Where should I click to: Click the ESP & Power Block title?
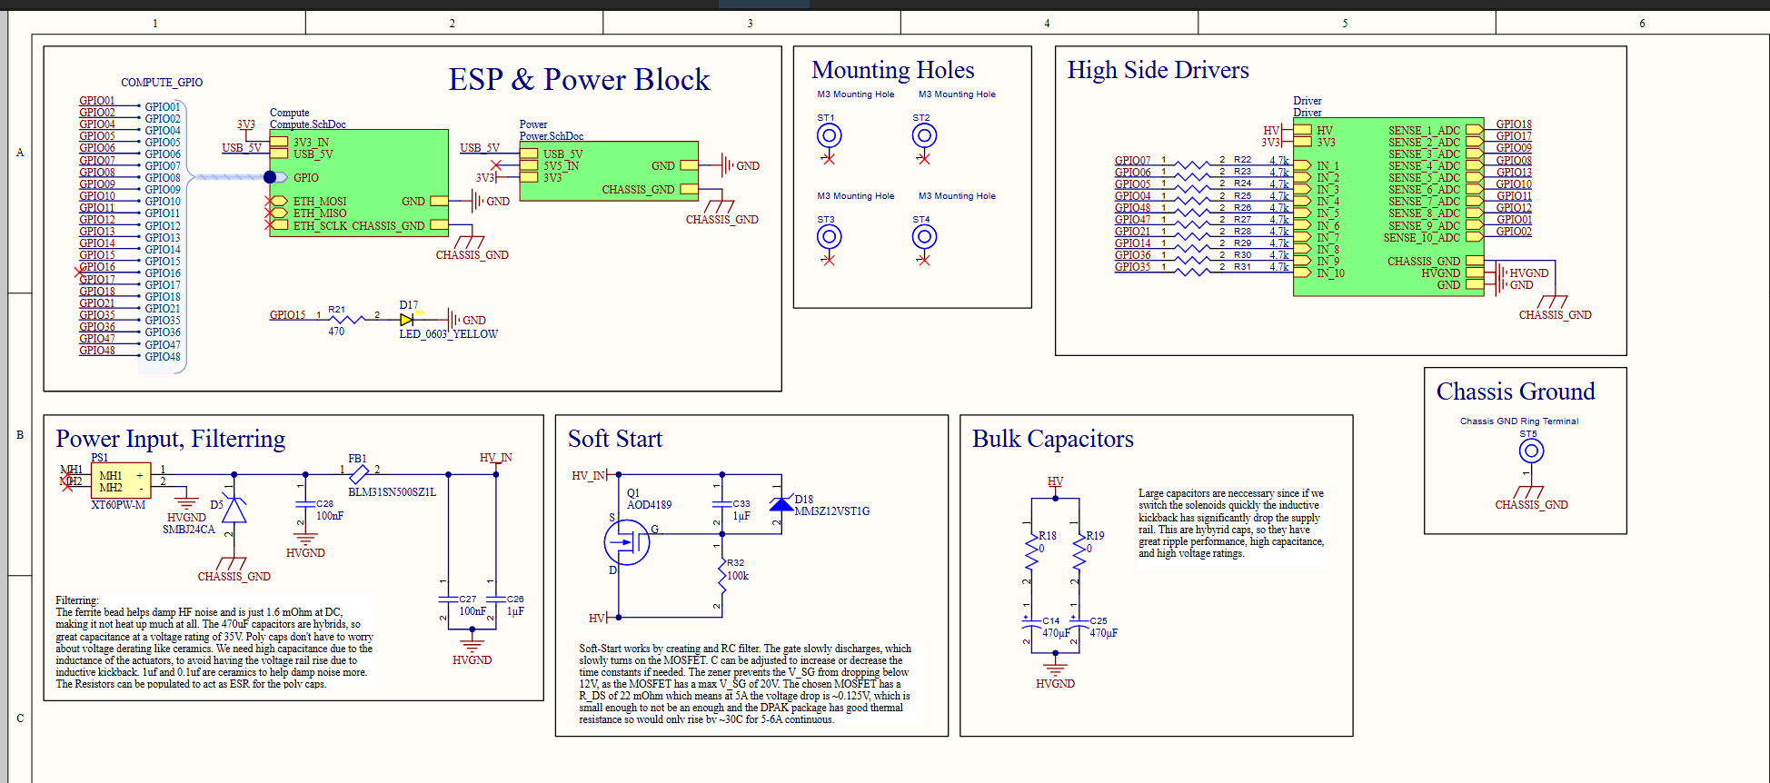(579, 80)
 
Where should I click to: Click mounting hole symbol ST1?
(829, 136)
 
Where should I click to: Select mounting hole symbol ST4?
(924, 237)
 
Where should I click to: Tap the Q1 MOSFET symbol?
(627, 543)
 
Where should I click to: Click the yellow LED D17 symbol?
(406, 320)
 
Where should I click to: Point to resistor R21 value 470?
(336, 332)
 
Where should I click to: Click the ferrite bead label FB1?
(357, 459)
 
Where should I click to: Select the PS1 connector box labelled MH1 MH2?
(121, 481)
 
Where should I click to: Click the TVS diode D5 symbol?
(234, 511)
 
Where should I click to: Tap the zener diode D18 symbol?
(781, 504)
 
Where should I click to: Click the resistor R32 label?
(735, 563)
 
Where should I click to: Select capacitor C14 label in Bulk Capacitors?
(1050, 621)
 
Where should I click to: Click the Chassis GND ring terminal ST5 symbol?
(1531, 451)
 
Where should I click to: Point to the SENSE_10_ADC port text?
(1421, 238)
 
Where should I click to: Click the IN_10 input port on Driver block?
(1330, 273)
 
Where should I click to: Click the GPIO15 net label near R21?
(287, 315)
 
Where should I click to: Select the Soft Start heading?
(615, 440)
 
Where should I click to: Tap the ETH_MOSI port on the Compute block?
(319, 202)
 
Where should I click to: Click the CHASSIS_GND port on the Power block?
(638, 190)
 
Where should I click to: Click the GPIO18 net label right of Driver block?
(1514, 124)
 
